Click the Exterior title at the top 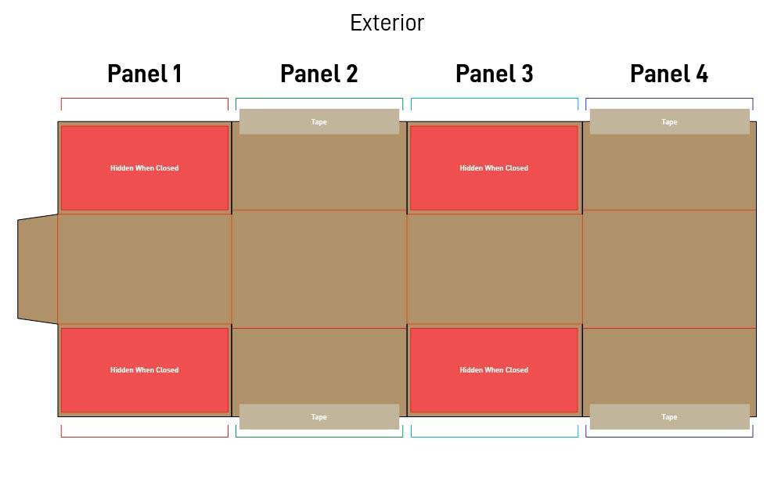[x=387, y=23]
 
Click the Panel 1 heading [x=145, y=74]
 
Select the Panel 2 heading [x=319, y=74]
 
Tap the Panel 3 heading [x=494, y=74]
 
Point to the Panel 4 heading [x=669, y=74]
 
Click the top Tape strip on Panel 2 [x=319, y=121]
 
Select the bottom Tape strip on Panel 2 [x=319, y=417]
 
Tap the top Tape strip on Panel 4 [x=669, y=121]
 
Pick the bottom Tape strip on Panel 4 [x=669, y=417]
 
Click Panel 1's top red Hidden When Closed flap [x=145, y=168]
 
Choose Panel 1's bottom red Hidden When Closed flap [x=145, y=370]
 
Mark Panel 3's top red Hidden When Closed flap [x=494, y=168]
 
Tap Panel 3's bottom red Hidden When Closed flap [x=494, y=370]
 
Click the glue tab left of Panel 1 [x=38, y=269]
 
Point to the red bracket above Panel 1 [x=145, y=99]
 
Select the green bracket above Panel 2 [x=319, y=99]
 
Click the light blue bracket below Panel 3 [x=494, y=437]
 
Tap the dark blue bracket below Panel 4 [x=669, y=437]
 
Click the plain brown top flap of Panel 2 [x=319, y=172]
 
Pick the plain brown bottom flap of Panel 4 [x=669, y=366]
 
